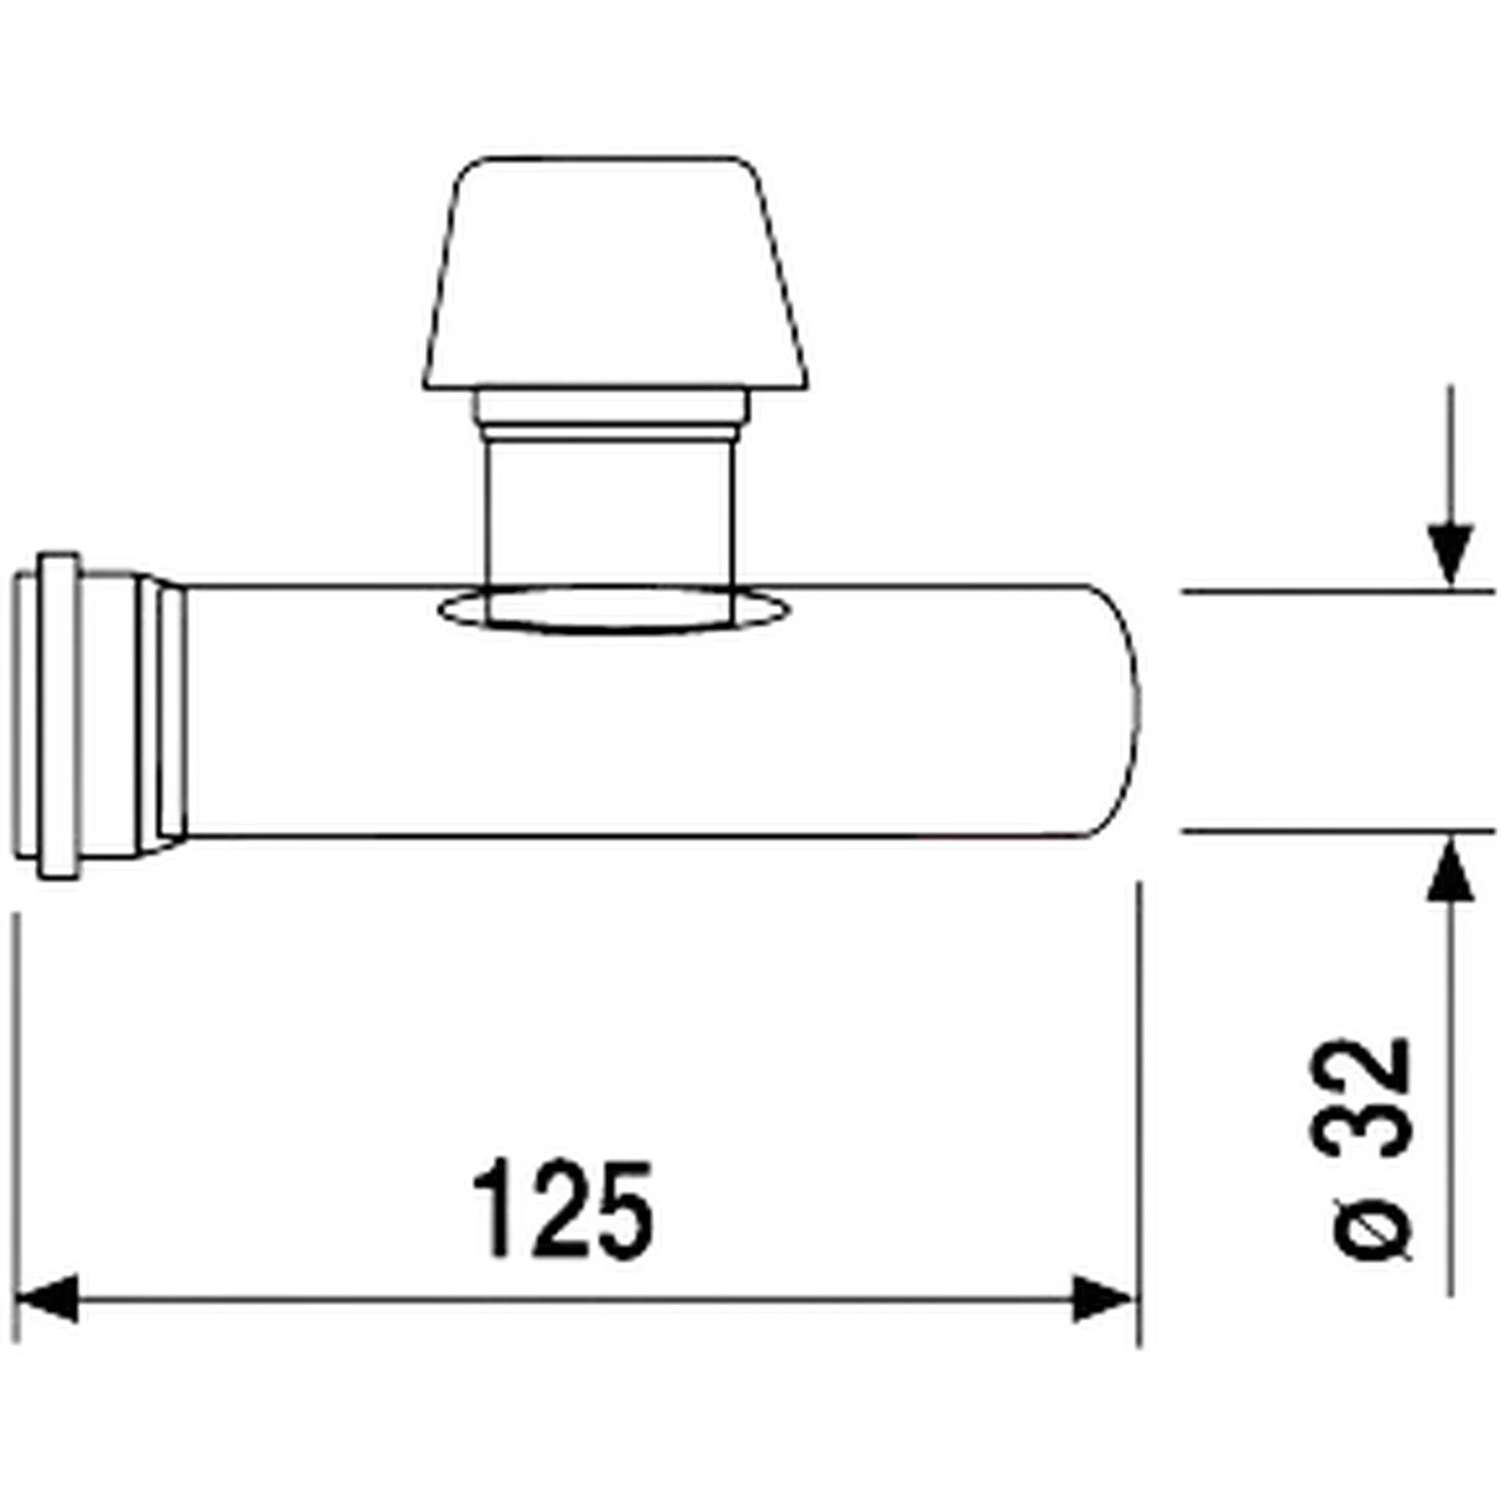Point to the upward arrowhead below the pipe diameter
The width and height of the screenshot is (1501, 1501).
[x=1450, y=871]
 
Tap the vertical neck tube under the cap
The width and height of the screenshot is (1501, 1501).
[x=608, y=517]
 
